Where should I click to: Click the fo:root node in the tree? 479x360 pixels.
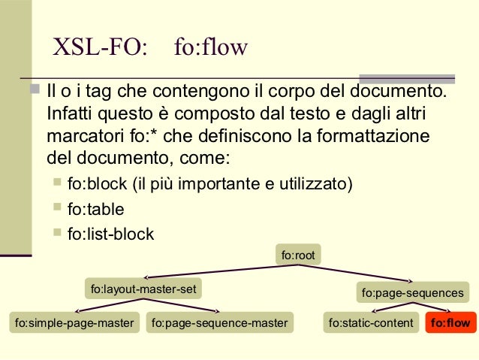coord(297,256)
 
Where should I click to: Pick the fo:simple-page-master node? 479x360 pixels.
coord(74,323)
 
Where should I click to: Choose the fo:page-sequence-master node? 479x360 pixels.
coord(219,323)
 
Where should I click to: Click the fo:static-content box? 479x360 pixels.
coord(371,323)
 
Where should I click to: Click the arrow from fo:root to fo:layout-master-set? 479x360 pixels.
coord(210,272)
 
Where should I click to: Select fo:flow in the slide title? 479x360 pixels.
coord(210,48)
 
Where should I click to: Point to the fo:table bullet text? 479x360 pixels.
coord(95,209)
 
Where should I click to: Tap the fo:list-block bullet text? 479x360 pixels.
coord(110,234)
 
